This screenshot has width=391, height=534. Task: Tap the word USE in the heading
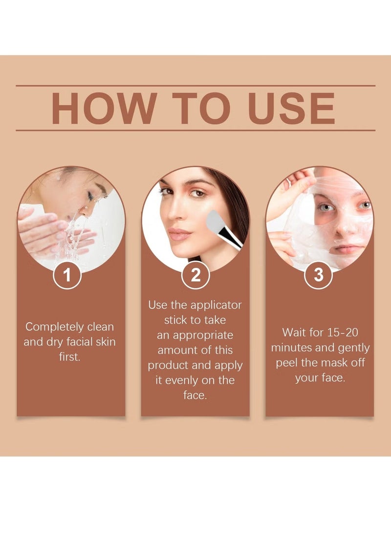click(292, 108)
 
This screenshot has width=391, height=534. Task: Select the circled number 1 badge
click(67, 275)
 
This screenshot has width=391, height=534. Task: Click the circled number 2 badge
click(195, 275)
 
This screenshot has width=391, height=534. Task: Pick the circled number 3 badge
click(318, 275)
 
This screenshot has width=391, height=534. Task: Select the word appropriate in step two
click(203, 335)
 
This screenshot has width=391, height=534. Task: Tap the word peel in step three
click(286, 363)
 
